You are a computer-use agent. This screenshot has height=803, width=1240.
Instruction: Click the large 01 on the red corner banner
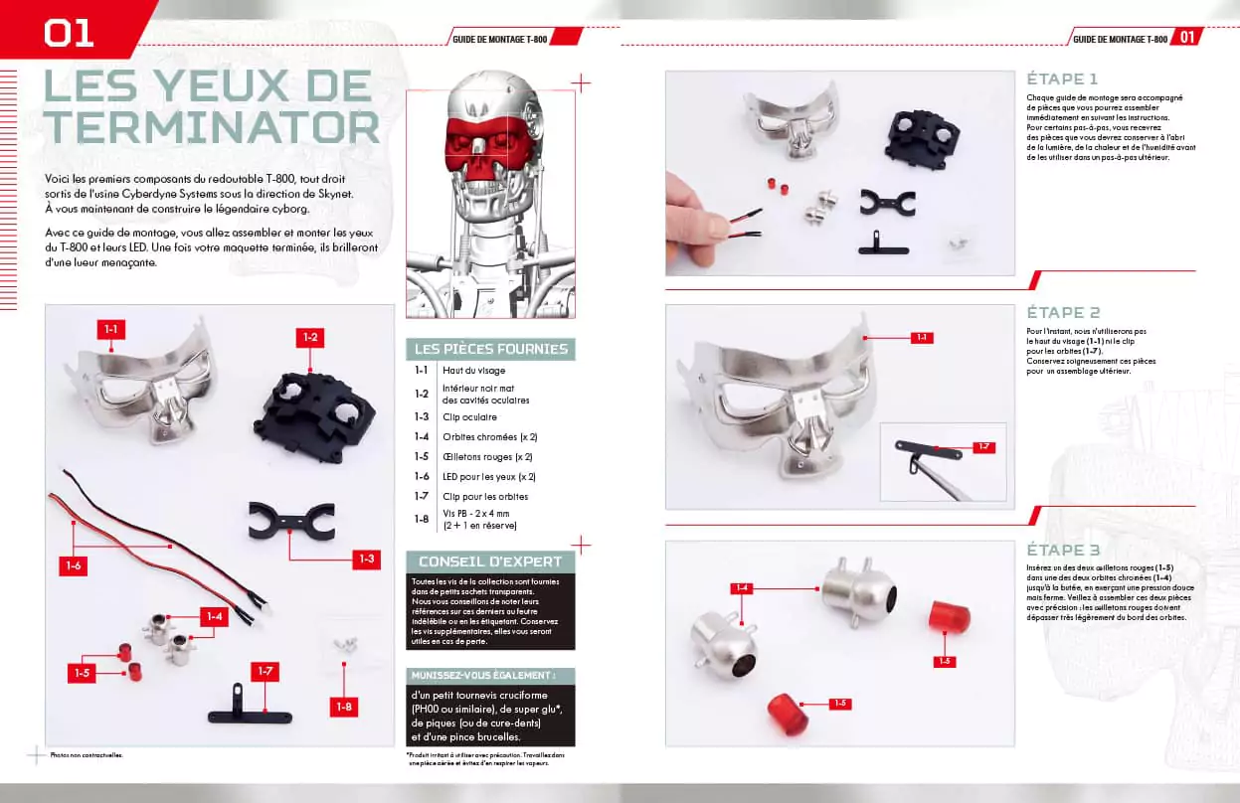pos(69,32)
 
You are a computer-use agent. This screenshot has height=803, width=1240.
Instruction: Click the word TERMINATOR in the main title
pos(212,127)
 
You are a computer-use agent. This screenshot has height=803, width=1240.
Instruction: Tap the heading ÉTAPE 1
pos(1062,79)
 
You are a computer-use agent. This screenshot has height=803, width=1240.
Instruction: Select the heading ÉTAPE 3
pos(1062,550)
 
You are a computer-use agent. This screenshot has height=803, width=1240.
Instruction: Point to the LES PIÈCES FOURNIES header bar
pos(491,349)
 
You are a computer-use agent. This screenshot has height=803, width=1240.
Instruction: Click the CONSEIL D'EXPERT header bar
pos(491,562)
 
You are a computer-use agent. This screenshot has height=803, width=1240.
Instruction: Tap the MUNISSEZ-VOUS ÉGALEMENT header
pos(491,676)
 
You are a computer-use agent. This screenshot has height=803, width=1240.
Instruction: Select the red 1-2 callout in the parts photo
pos(310,338)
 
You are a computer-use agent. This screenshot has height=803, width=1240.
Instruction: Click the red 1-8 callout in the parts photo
pos(344,708)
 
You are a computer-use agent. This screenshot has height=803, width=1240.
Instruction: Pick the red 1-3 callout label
pos(366,560)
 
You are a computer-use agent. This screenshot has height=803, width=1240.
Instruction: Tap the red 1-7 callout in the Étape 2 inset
pos(982,447)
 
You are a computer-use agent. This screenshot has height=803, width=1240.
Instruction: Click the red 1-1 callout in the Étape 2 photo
pos(922,338)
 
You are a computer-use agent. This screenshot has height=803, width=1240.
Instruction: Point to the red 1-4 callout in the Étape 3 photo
pos(741,587)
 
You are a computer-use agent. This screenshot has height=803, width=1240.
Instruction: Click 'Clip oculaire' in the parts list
pos(470,417)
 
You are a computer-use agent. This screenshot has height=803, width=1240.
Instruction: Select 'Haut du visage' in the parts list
pos(474,370)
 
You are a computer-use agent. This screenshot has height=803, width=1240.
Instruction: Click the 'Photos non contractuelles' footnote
pos(87,754)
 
